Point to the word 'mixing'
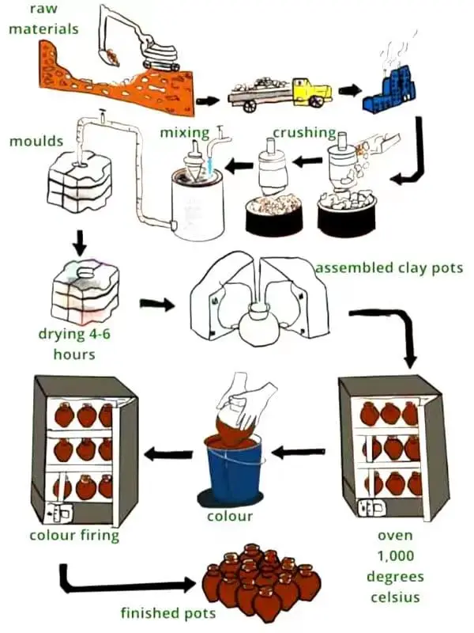tap(184, 132)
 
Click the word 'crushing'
tap(304, 132)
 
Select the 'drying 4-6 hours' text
tap(74, 344)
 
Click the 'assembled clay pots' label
tap(389, 267)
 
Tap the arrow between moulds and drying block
tap(79, 241)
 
